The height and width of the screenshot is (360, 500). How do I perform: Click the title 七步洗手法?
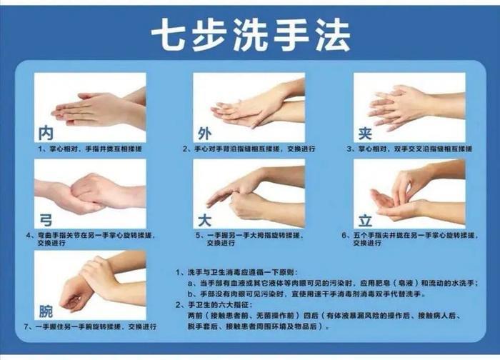tap(251, 34)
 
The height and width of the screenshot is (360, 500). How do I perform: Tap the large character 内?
tap(46, 133)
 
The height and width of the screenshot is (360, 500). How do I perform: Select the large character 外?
tap(204, 133)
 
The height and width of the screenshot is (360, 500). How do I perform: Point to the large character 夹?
tap(365, 133)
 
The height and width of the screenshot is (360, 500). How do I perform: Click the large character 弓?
tap(46, 220)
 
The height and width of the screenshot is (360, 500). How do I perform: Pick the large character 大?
tap(204, 220)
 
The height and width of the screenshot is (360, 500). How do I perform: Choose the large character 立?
tap(365, 220)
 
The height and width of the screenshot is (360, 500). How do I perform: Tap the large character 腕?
tap(46, 311)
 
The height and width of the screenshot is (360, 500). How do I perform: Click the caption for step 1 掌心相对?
tap(90, 149)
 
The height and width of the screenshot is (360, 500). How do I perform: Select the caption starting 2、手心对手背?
tap(249, 149)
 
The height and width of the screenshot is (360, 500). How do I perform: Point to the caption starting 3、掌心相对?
tap(409, 149)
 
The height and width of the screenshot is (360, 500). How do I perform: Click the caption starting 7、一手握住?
tap(90, 327)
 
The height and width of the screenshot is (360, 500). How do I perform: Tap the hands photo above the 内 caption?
tap(90, 107)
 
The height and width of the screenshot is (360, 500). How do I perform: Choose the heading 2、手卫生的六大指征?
tap(214, 305)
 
